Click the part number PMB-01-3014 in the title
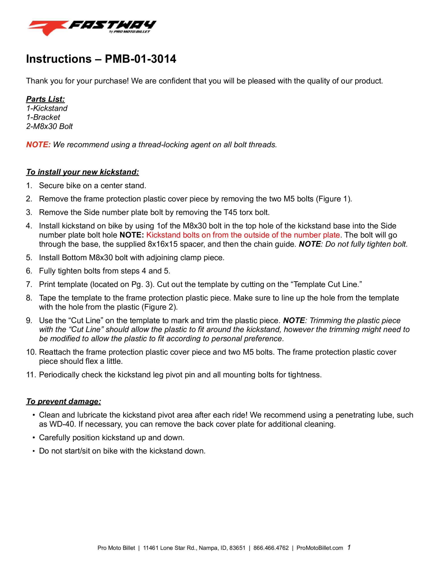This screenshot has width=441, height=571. click(x=140, y=59)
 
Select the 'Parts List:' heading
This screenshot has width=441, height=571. click(x=45, y=99)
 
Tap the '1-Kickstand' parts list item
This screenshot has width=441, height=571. click(x=47, y=108)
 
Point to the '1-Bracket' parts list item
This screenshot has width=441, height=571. click(x=43, y=117)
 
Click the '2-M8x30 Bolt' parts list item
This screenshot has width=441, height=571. click(x=49, y=126)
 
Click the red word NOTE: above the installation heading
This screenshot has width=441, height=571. click(x=38, y=145)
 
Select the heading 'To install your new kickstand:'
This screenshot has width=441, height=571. click(x=82, y=172)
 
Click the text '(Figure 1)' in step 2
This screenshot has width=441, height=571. click(x=334, y=199)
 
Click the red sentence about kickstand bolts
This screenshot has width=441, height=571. click(x=243, y=235)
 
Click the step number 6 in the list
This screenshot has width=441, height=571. click(x=29, y=271)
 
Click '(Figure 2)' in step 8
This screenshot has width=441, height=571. click(x=159, y=307)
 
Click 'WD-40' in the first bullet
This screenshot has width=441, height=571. click(x=62, y=424)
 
